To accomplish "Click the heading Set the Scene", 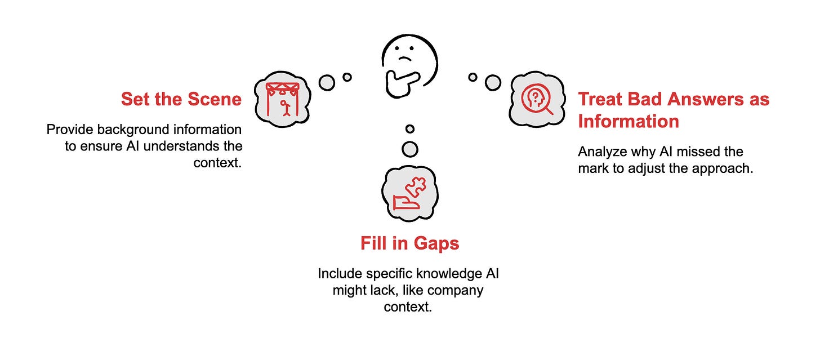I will pyautogui.click(x=181, y=100).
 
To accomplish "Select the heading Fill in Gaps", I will pyautogui.click(x=409, y=243).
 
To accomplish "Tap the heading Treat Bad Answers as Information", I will pyautogui.click(x=673, y=110).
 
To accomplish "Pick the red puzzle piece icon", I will pyautogui.click(x=409, y=195).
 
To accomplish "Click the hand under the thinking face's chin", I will pyautogui.click(x=399, y=83).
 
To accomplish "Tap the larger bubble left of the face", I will pyautogui.click(x=327, y=83).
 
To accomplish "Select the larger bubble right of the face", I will pyautogui.click(x=493, y=82).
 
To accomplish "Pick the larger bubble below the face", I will pyautogui.click(x=410, y=149).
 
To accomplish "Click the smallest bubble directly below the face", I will pyautogui.click(x=410, y=129).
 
